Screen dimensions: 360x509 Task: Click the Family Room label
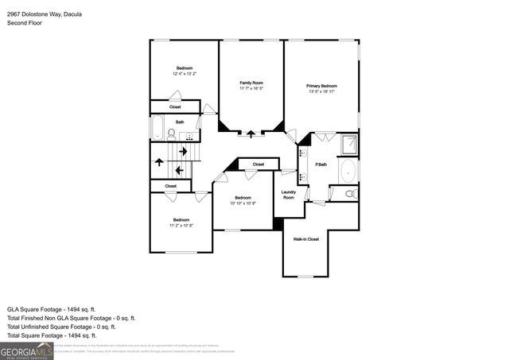tap(251, 83)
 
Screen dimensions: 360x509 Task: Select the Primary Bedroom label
tap(321, 86)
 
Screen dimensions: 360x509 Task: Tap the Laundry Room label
tap(289, 194)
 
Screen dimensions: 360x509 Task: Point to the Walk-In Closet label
tap(306, 238)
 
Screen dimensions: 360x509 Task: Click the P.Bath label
tap(322, 165)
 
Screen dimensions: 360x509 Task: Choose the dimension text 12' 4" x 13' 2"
tap(184, 74)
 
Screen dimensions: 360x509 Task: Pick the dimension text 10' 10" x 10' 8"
tap(243, 203)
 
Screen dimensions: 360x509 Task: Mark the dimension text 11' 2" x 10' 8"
tap(181, 226)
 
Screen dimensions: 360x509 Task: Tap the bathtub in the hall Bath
tap(157, 128)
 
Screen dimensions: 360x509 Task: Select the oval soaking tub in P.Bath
tap(349, 171)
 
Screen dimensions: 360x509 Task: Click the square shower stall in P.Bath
tap(349, 145)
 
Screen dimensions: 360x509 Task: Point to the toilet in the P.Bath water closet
tap(351, 193)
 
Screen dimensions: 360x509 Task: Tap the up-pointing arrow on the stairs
tap(159, 162)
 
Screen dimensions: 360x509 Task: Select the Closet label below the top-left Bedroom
tap(175, 106)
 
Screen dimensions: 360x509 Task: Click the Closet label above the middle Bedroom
tap(258, 165)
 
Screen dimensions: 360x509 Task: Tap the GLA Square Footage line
tap(52, 308)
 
